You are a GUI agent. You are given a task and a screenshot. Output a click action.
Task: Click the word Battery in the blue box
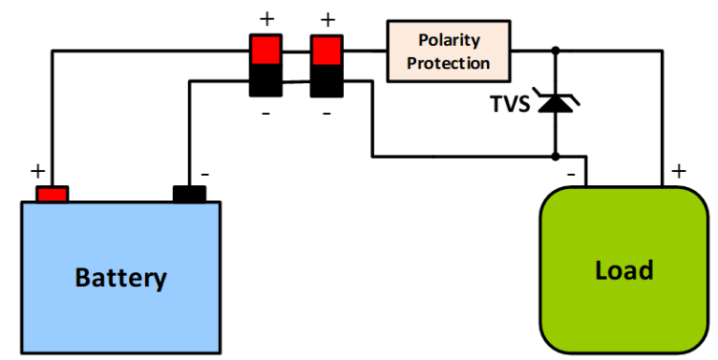click(x=121, y=278)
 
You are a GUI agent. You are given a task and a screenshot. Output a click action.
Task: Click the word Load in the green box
click(x=624, y=270)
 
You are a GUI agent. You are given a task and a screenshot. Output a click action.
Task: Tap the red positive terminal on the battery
click(x=52, y=194)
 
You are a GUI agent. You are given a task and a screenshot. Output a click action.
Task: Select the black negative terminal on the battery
click(x=189, y=194)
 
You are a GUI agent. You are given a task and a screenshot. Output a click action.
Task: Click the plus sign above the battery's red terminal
click(x=37, y=171)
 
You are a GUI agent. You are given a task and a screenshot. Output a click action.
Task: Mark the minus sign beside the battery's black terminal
click(x=206, y=173)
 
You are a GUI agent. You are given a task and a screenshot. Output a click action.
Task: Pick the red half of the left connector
click(x=265, y=50)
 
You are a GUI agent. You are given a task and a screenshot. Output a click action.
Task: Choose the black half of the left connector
click(x=265, y=80)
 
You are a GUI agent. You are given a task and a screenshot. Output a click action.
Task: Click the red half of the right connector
click(x=326, y=50)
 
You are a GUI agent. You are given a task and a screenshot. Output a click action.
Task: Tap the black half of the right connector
click(x=326, y=80)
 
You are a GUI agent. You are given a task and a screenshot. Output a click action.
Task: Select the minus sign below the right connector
click(x=326, y=112)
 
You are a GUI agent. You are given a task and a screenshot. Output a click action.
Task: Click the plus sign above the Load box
click(x=678, y=171)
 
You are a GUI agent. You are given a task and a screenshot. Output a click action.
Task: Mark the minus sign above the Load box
click(x=569, y=172)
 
